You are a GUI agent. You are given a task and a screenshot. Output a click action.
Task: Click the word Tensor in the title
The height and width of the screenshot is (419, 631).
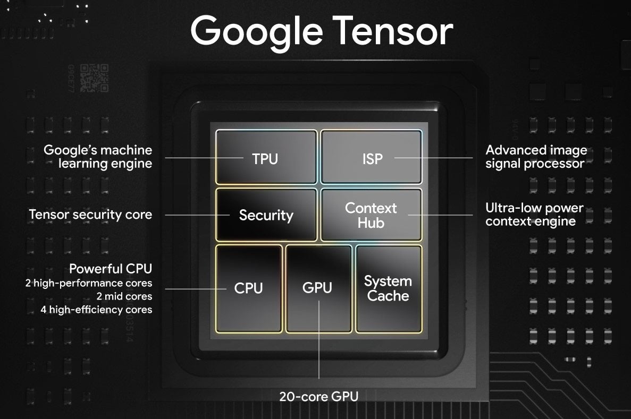(393, 31)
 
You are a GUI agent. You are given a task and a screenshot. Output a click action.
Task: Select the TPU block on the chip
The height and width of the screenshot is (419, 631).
(266, 157)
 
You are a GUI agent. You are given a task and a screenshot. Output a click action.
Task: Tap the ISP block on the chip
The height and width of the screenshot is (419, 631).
(372, 157)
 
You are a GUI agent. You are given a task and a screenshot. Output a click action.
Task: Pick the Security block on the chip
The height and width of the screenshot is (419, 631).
(266, 215)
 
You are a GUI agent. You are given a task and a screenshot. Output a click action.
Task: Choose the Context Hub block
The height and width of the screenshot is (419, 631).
(372, 215)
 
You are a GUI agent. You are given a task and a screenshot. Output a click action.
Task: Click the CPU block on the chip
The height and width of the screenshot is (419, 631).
(249, 289)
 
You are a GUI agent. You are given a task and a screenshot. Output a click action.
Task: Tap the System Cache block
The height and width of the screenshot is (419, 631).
(389, 289)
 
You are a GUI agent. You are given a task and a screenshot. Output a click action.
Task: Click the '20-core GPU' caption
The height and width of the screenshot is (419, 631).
(319, 397)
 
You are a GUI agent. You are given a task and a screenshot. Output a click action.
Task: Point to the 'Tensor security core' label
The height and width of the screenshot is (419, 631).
(90, 215)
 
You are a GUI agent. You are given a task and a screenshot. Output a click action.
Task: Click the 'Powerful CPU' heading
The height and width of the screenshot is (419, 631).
(111, 268)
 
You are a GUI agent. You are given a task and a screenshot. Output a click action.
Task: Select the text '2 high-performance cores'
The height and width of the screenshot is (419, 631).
(89, 283)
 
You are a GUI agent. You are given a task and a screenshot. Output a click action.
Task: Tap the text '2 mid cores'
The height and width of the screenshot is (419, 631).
(124, 296)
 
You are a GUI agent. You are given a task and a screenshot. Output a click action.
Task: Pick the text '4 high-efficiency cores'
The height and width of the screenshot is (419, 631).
(97, 310)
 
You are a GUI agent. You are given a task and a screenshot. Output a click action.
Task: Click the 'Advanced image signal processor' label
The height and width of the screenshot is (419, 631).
(536, 157)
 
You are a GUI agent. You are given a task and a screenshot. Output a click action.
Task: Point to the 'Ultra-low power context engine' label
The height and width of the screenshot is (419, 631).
(534, 215)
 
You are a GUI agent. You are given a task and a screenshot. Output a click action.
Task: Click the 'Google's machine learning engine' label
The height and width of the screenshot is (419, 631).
(98, 157)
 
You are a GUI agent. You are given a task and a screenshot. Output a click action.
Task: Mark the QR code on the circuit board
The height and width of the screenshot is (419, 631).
(94, 78)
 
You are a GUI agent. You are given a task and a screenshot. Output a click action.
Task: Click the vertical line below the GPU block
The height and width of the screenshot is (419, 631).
(319, 340)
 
